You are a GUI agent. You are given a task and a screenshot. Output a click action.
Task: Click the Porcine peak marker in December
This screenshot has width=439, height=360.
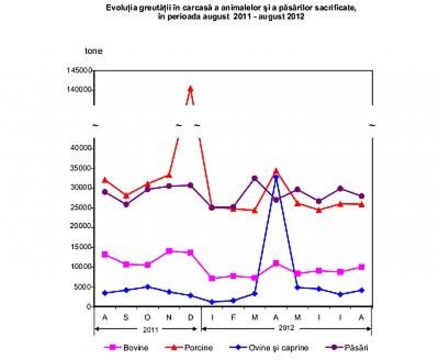[x=191, y=88]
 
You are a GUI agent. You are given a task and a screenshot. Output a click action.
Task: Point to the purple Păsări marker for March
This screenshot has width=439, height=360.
[x=255, y=179]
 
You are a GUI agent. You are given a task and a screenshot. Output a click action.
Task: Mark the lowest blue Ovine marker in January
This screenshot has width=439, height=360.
[x=212, y=302]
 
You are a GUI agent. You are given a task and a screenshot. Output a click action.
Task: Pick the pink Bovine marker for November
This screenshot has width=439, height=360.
[x=169, y=251]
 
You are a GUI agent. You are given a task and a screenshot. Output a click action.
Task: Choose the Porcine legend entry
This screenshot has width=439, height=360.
[x=194, y=347]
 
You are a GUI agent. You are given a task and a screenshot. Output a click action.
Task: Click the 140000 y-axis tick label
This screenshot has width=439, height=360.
[x=81, y=90]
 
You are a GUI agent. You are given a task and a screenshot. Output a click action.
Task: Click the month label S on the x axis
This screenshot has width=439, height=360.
[x=126, y=317]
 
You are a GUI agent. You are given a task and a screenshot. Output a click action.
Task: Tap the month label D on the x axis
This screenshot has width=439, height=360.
[x=191, y=317]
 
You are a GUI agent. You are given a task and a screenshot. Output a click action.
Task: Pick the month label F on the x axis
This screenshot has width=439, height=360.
[x=233, y=317]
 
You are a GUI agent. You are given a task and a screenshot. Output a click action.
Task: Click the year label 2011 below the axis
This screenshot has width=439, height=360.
[x=147, y=329]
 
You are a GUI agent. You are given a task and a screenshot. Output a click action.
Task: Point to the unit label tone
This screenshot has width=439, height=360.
[x=93, y=50]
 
